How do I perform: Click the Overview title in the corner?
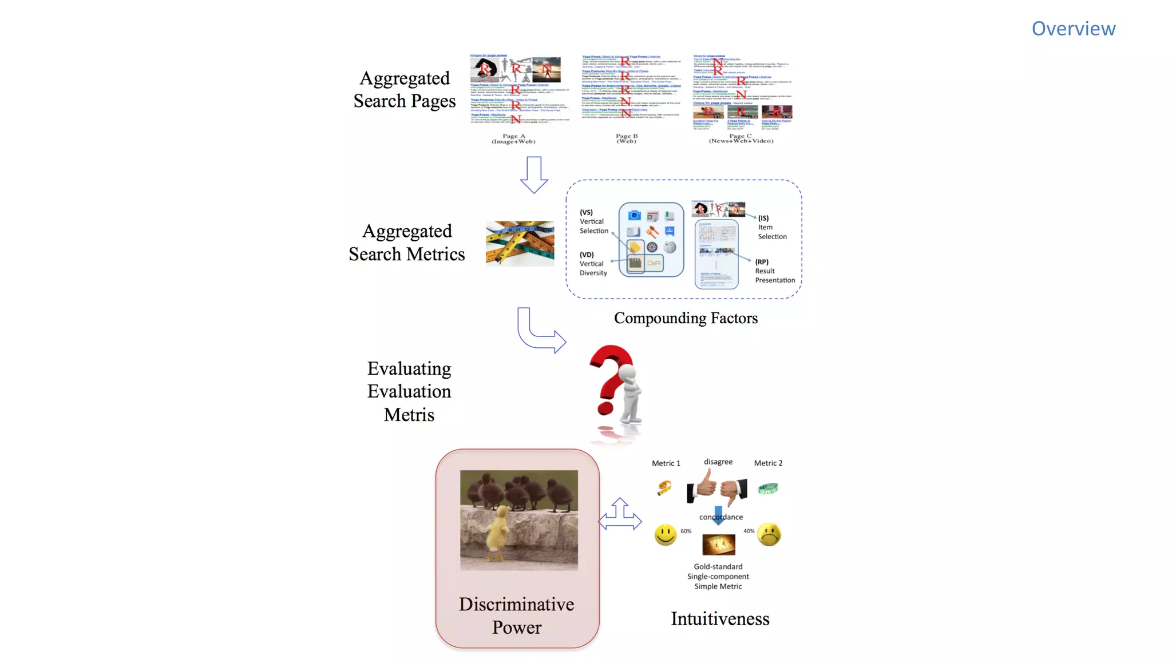click(1073, 29)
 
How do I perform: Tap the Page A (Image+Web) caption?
click(513, 138)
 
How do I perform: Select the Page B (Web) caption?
click(626, 138)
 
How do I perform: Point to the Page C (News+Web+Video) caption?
click(741, 138)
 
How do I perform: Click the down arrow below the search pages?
click(534, 174)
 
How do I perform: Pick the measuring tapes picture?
click(520, 243)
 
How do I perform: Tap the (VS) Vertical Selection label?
click(593, 221)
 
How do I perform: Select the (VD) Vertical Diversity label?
click(593, 264)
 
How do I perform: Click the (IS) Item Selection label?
click(772, 227)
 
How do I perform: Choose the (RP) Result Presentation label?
click(774, 271)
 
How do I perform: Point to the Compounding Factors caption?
click(686, 318)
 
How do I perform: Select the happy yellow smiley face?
click(665, 535)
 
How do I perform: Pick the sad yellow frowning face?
click(769, 534)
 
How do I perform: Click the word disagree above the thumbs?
click(718, 462)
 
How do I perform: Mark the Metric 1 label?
click(666, 463)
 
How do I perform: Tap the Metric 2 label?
click(768, 463)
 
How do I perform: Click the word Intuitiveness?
click(720, 619)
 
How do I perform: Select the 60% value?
click(686, 531)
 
